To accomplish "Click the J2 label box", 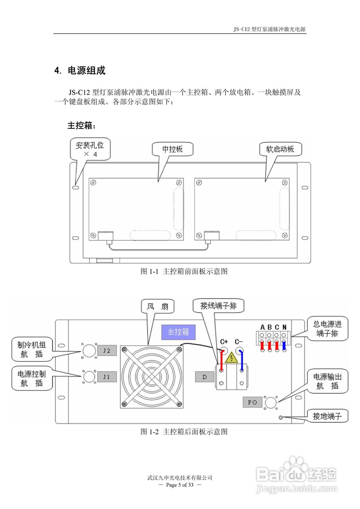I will point(107,351).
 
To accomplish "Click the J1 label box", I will point(107,376).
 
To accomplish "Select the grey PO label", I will point(253,402).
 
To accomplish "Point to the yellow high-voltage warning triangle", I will point(231,359).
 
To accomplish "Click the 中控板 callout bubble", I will point(173,149).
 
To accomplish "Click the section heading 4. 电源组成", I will point(80,71).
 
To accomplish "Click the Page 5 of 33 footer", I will point(180,485).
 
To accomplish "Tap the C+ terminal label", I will point(224,342).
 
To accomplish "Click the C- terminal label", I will point(239,342).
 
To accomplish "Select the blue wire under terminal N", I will point(284,346).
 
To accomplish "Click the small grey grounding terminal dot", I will point(281,418).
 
